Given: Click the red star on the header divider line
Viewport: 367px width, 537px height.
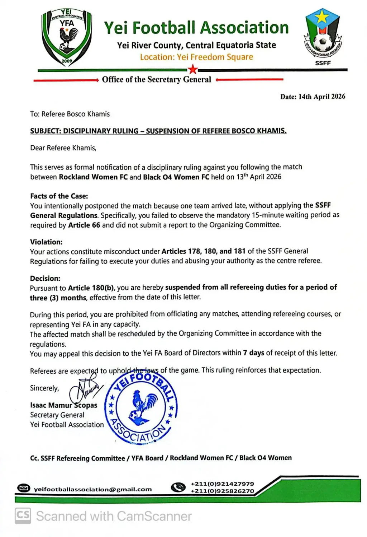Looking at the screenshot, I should (x=193, y=69).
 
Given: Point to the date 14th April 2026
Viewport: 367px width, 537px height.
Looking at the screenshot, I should (x=322, y=97).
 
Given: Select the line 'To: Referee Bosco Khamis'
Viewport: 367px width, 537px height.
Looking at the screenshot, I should (x=70, y=114).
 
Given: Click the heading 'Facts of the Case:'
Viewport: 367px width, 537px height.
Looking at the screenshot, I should (x=59, y=196).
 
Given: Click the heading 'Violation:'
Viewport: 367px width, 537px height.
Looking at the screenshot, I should (x=46, y=242).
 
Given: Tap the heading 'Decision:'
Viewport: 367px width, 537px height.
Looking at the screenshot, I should (x=45, y=278).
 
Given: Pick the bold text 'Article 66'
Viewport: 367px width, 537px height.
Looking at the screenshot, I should (x=84, y=225).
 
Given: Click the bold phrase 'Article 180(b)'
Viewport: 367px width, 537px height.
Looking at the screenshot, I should (x=91, y=288).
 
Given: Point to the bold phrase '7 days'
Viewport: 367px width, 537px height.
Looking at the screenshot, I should (x=253, y=353).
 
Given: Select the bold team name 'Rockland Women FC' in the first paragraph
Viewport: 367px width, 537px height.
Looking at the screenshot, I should (x=93, y=177).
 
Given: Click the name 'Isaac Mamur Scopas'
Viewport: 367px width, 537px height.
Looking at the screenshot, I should (x=63, y=405).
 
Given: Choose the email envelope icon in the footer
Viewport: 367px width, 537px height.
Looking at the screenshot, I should (x=24, y=488).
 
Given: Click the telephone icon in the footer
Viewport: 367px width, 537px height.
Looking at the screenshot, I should (x=178, y=487).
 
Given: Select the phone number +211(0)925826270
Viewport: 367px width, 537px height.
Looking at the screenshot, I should (x=222, y=491).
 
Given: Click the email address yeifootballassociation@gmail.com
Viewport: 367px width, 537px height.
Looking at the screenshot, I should (x=93, y=489).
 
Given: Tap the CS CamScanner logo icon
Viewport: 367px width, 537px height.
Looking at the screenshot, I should (x=23, y=516).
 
